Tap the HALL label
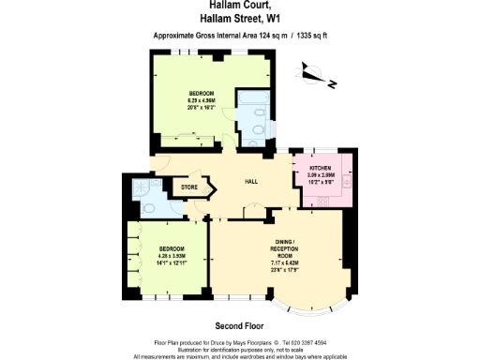click(x=251, y=181)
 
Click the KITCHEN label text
click(x=322, y=167)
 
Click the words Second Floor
click(x=239, y=325)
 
